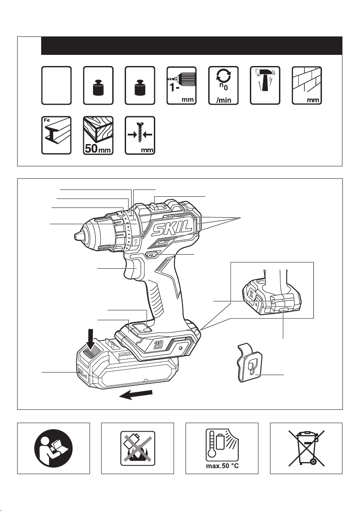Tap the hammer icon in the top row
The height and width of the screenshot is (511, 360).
click(x=265, y=85)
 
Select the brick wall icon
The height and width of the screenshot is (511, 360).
click(x=306, y=85)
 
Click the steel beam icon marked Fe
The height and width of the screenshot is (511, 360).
click(x=56, y=135)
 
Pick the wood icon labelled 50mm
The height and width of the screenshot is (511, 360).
click(x=98, y=135)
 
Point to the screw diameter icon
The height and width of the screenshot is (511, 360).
click(x=140, y=135)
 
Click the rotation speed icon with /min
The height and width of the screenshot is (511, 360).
click(x=223, y=85)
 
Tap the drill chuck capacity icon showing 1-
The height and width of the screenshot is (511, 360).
click(x=181, y=85)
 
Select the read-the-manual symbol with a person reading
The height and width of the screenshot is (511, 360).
click(x=53, y=448)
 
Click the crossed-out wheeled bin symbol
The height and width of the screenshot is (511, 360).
click(x=306, y=448)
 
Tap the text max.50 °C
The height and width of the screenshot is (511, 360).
click(x=222, y=466)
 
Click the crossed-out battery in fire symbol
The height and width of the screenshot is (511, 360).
click(x=137, y=448)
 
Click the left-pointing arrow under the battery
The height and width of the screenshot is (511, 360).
click(x=137, y=394)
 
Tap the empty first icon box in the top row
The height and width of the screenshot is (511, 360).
click(x=56, y=85)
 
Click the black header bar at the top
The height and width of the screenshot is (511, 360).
click(x=192, y=45)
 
